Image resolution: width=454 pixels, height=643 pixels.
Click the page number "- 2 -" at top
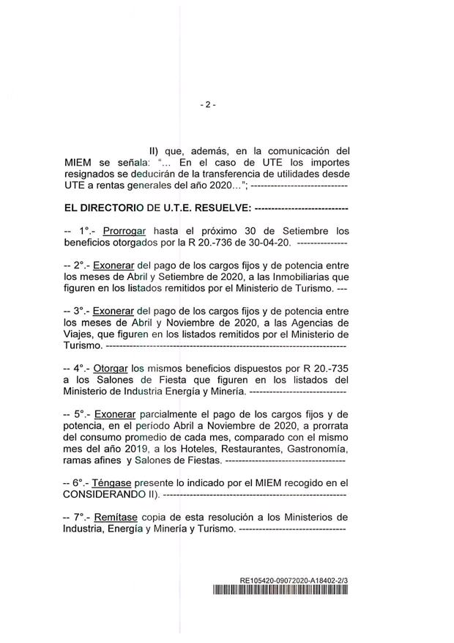pos(207,104)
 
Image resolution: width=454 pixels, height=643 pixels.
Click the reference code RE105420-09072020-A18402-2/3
pos(294,581)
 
